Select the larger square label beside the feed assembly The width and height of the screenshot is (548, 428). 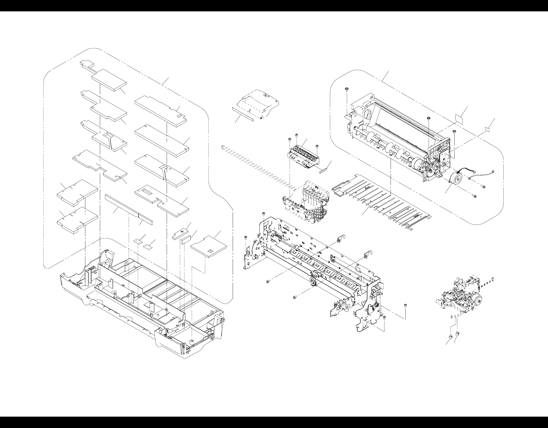pyautogui.click(x=461, y=118)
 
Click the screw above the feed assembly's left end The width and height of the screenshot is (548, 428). pyautogui.click(x=346, y=89)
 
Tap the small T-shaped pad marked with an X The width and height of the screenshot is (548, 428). pyautogui.click(x=181, y=232)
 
